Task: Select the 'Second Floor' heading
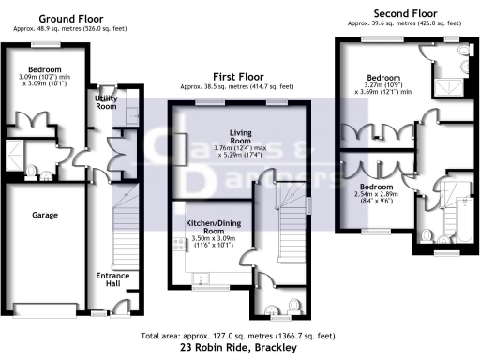401,12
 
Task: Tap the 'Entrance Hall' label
113,279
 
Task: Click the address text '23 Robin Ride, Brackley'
240,348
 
